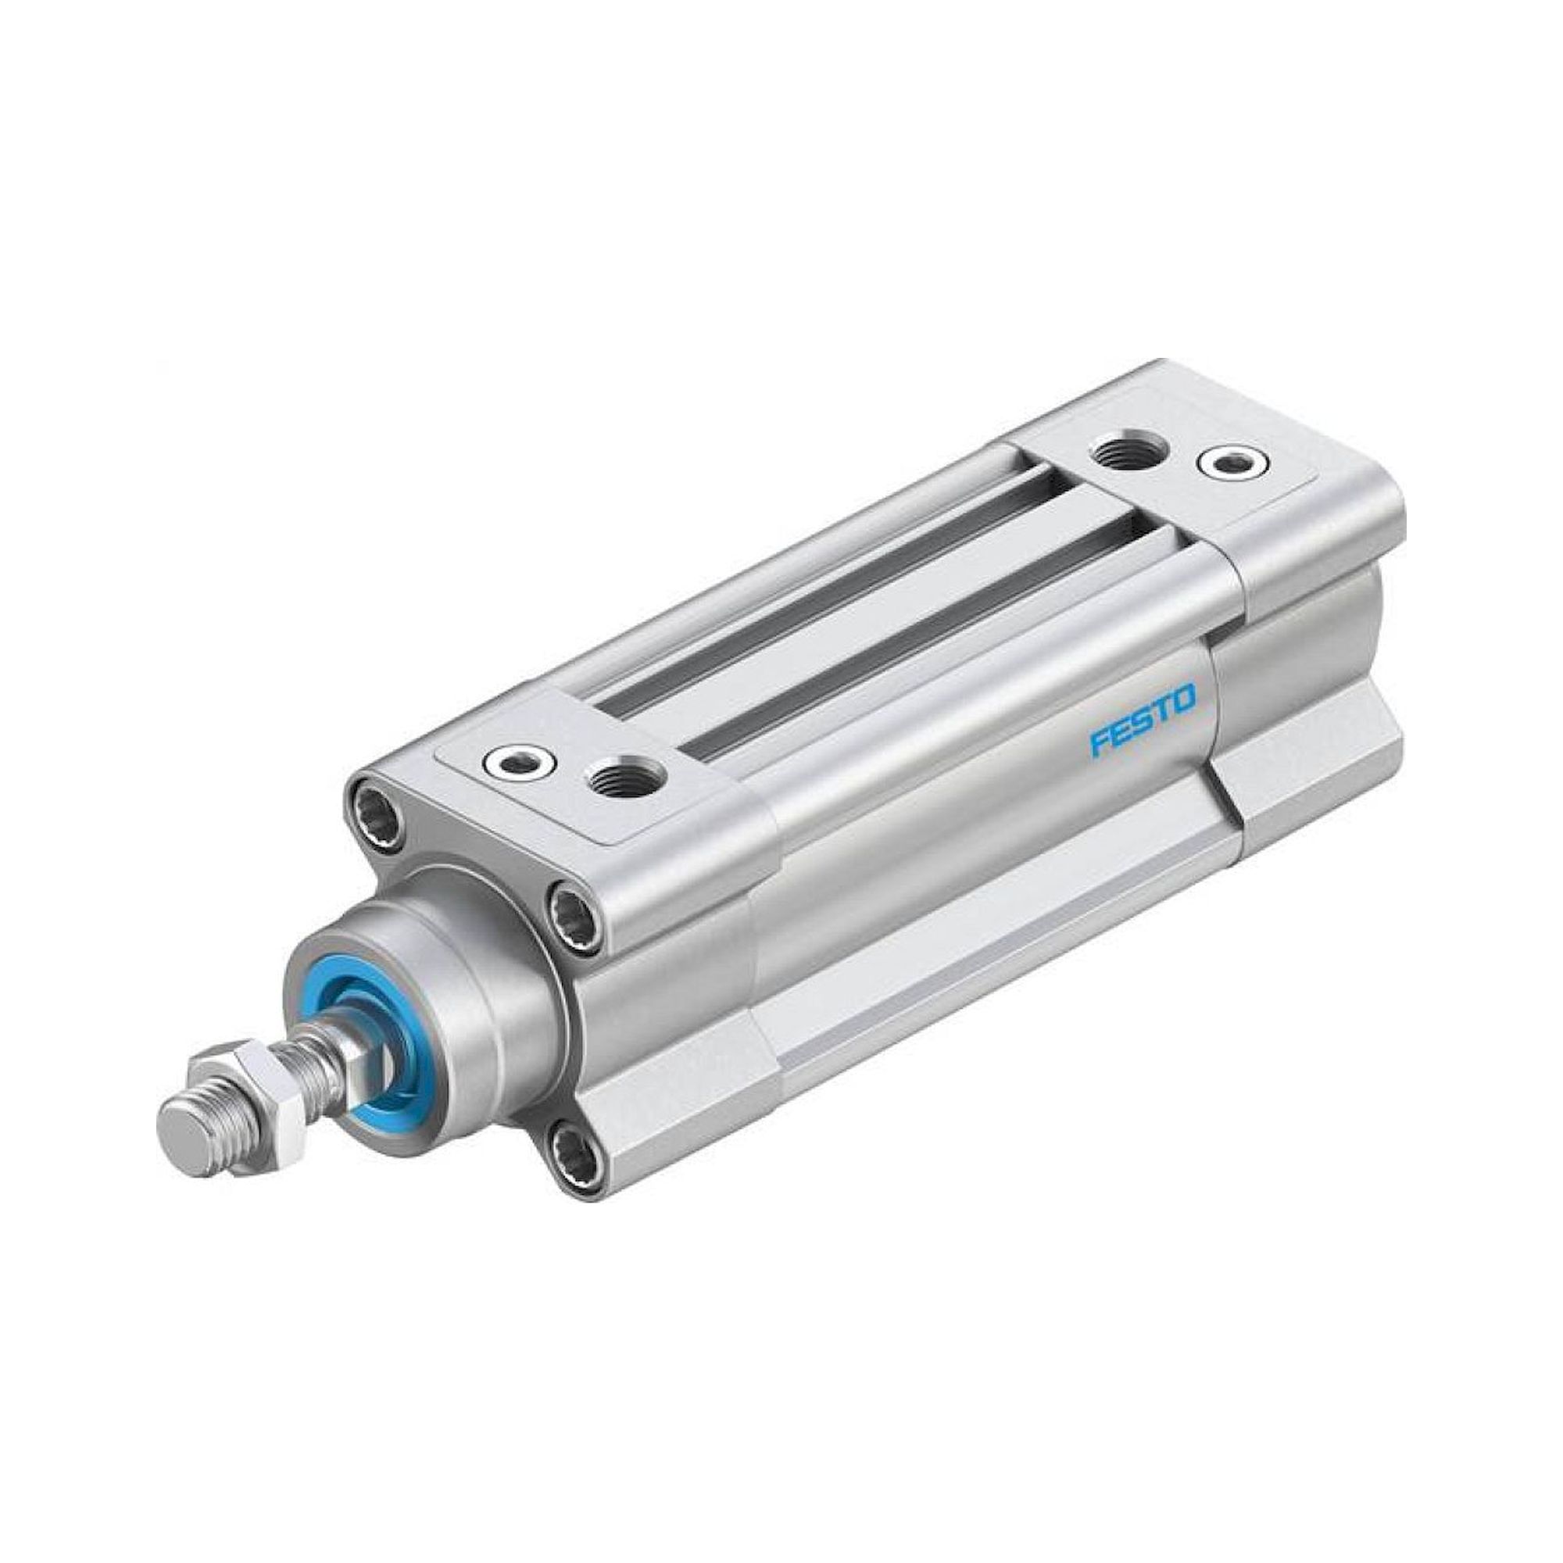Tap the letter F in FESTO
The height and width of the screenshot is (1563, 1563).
click(1099, 742)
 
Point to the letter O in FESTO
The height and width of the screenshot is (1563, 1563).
click(1183, 697)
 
